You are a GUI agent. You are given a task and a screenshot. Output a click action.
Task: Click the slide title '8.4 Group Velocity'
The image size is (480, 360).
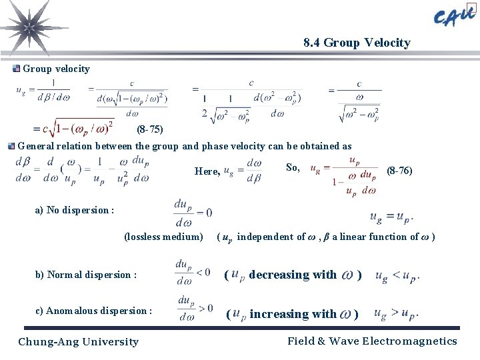coord(357,43)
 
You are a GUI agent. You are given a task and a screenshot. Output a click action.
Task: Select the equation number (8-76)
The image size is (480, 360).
coord(399,171)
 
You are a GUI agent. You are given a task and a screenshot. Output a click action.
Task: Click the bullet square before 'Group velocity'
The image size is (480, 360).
coord(17,68)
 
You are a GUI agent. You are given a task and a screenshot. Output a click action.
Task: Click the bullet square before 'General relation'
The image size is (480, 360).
coord(11,146)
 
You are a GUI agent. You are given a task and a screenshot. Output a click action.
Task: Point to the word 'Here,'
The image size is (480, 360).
coord(207,171)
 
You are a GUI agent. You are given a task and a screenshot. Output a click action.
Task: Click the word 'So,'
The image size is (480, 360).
coord(293,167)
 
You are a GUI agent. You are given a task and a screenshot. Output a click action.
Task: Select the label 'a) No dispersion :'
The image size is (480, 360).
coord(74,210)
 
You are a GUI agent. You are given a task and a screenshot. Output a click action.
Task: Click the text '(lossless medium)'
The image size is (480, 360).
coord(163,237)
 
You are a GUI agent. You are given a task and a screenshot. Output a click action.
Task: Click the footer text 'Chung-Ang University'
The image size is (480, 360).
coord(78,342)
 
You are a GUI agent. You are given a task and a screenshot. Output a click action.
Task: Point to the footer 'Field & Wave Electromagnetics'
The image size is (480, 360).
coord(372,341)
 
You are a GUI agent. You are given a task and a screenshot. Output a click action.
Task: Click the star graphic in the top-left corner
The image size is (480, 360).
coord(28,27)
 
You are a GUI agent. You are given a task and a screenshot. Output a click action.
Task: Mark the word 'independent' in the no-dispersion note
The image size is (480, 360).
coord(266,237)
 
